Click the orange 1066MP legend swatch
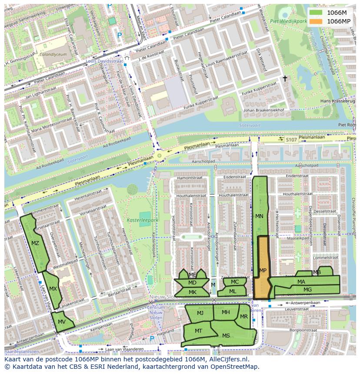[x=316, y=21]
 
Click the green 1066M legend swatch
[x=316, y=13]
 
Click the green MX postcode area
[x=52, y=289]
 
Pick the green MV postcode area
[x=62, y=322]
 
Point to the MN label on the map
[x=259, y=216]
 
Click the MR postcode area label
[x=244, y=317]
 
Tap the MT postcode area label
[x=198, y=331]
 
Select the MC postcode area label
[x=235, y=282]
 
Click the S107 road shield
[x=291, y=139]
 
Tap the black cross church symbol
[x=285, y=79]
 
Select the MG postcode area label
[x=307, y=289]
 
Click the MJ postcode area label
[x=200, y=313]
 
